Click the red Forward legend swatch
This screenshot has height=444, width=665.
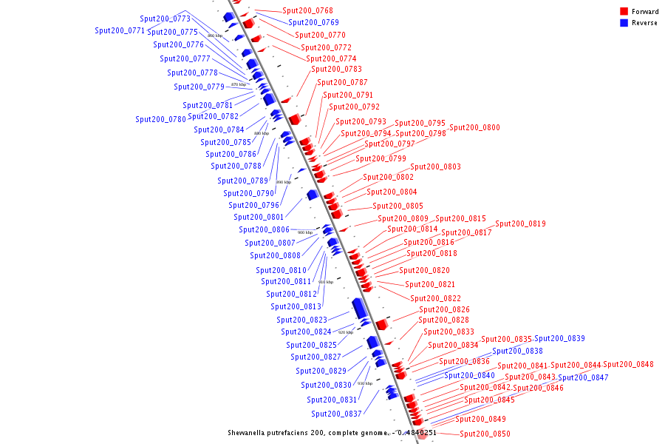(624, 12)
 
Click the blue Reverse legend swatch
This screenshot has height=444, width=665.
(624, 23)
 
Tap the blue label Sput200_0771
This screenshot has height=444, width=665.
(120, 31)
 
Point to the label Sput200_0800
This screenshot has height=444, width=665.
(474, 127)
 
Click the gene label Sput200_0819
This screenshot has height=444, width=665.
(520, 223)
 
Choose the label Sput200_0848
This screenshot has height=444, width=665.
(628, 364)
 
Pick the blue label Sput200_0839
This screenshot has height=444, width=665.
(559, 338)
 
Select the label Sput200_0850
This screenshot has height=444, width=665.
(485, 434)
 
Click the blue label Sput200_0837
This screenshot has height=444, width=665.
(336, 414)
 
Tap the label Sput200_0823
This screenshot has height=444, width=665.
(301, 320)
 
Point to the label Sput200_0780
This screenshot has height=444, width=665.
(160, 119)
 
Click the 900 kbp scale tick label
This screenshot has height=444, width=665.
(305, 232)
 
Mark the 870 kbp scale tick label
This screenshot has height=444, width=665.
(239, 84)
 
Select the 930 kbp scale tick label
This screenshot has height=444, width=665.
(365, 383)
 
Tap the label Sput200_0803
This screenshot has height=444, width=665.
(435, 166)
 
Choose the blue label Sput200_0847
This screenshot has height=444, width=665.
(583, 377)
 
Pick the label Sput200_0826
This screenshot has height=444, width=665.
(444, 309)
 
